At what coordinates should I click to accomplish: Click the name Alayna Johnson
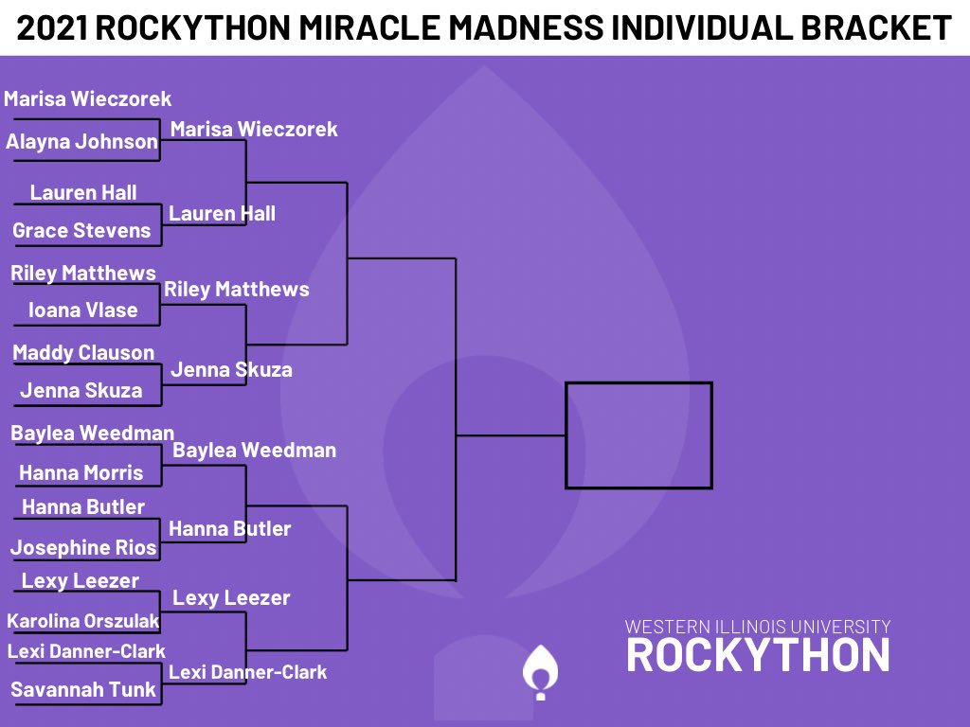coord(81,142)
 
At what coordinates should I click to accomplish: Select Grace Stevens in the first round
coord(81,230)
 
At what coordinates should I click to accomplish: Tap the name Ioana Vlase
coord(83,310)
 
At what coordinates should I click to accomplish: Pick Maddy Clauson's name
coord(83,352)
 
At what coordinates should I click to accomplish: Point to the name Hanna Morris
coord(81,472)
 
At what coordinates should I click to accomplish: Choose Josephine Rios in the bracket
coord(83,547)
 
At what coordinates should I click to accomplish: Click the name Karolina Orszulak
coord(83,621)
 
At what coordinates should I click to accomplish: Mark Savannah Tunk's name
coord(83,689)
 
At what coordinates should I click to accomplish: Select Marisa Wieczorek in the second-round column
coord(254,129)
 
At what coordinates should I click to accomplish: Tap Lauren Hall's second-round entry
coord(223,213)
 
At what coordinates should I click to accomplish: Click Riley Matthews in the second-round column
coord(237,289)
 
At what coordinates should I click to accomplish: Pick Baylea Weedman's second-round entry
coord(255,450)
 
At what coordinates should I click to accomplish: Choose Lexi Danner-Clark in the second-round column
coord(248,672)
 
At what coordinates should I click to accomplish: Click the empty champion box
coord(638,434)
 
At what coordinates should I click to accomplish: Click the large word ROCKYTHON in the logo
coord(758,655)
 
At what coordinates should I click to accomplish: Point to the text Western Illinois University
coord(758,627)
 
